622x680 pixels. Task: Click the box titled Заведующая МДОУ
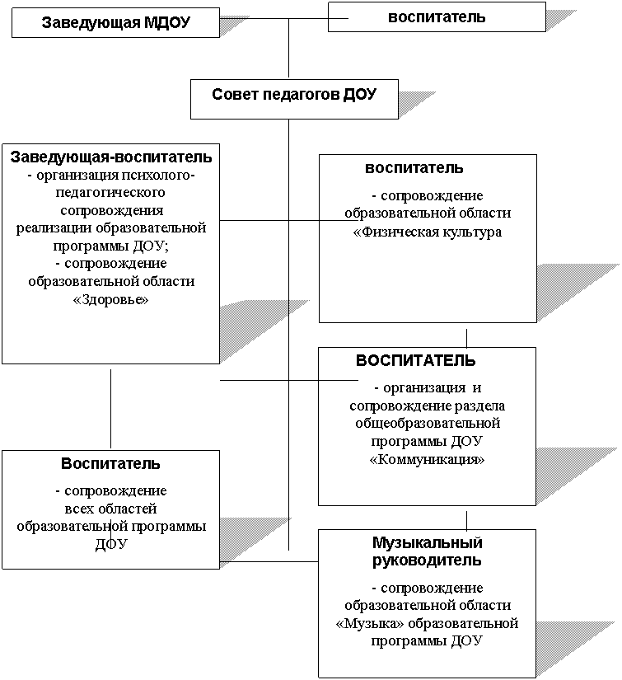[x=115, y=22]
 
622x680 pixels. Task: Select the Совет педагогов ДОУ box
[x=294, y=99]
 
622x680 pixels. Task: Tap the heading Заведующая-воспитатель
[x=111, y=157]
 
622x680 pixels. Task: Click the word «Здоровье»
[x=111, y=299]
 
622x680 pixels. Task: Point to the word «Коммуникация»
[x=427, y=459]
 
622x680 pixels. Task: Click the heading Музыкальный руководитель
[x=427, y=551]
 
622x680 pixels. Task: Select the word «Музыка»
[x=370, y=623]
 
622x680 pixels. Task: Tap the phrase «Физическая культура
[x=428, y=232]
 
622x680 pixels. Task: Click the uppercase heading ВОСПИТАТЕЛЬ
[x=415, y=360]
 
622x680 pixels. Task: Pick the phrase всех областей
[x=110, y=509]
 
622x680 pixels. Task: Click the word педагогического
[x=110, y=193]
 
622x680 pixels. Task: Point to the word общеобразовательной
[x=428, y=424]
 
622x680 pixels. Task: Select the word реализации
[x=54, y=228]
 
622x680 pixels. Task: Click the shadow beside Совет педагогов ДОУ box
[x=417, y=104]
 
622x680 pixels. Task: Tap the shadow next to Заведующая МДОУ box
[x=234, y=26]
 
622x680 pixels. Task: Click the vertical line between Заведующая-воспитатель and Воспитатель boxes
[x=111, y=409]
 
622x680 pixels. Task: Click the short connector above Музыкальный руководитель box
[x=467, y=521]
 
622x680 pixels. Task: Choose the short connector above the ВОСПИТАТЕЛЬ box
[x=467, y=339]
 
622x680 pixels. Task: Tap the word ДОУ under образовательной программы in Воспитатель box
[x=111, y=544]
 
